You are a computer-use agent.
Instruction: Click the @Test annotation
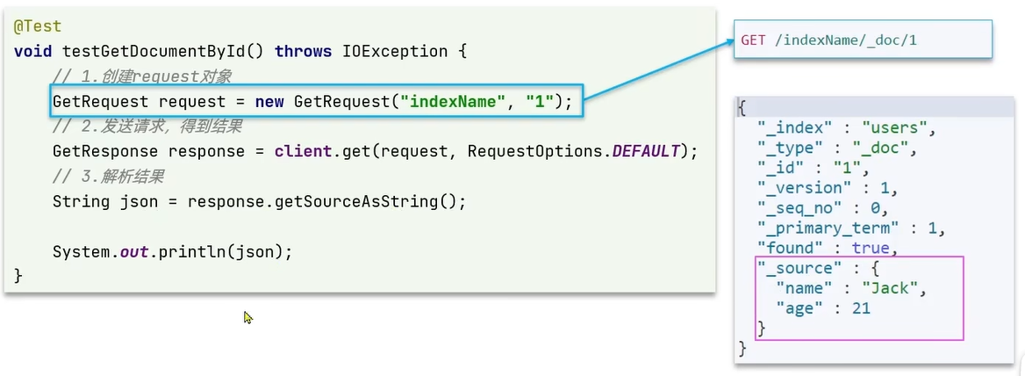click(x=38, y=27)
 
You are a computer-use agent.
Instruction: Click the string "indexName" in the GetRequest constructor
click(x=452, y=102)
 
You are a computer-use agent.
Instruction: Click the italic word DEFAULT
click(x=646, y=151)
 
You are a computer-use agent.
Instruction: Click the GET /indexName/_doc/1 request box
click(x=863, y=40)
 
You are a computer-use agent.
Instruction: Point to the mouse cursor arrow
click(x=248, y=316)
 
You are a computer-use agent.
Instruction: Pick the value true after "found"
click(x=870, y=249)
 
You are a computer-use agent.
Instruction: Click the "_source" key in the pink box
click(x=795, y=268)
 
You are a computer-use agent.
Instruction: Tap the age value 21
click(x=860, y=308)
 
